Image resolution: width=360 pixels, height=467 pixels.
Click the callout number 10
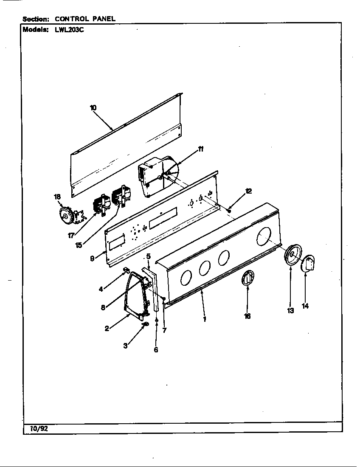pyautogui.click(x=93, y=108)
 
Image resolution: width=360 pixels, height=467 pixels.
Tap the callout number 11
pyautogui.click(x=200, y=149)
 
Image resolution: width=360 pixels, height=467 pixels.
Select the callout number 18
pyautogui.click(x=57, y=197)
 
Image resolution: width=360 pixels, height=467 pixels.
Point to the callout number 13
pyautogui.click(x=290, y=311)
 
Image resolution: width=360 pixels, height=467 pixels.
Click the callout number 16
pyautogui.click(x=247, y=316)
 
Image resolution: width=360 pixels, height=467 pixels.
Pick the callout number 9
pyautogui.click(x=92, y=258)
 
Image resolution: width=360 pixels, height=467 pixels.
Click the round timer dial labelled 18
pyautogui.click(x=67, y=217)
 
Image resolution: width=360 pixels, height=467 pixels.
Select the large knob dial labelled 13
pyautogui.click(x=292, y=256)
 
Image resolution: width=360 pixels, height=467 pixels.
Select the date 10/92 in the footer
pyautogui.click(x=39, y=428)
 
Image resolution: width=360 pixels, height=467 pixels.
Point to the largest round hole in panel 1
pyautogui.click(x=264, y=236)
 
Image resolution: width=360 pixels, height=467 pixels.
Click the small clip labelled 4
pyautogui.click(x=126, y=270)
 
